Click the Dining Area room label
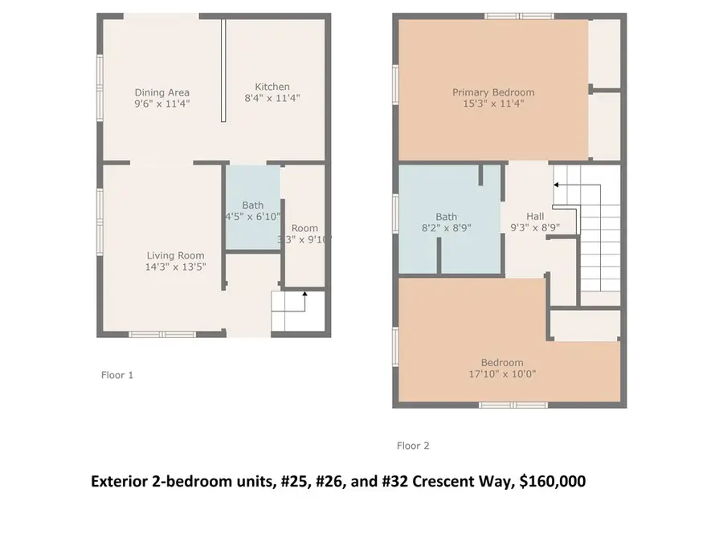[x=162, y=92]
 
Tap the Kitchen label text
[x=272, y=87]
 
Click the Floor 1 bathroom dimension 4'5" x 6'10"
[x=253, y=217]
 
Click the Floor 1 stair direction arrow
[x=304, y=296]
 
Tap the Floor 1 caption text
[x=117, y=375]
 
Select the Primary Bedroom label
[x=493, y=92]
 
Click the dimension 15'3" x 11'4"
[x=493, y=104]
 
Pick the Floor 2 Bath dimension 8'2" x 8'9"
[x=447, y=228]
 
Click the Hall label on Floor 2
[x=535, y=216]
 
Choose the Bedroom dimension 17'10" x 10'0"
[x=503, y=373]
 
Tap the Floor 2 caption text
[x=414, y=446]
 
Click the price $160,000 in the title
[x=553, y=482]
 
